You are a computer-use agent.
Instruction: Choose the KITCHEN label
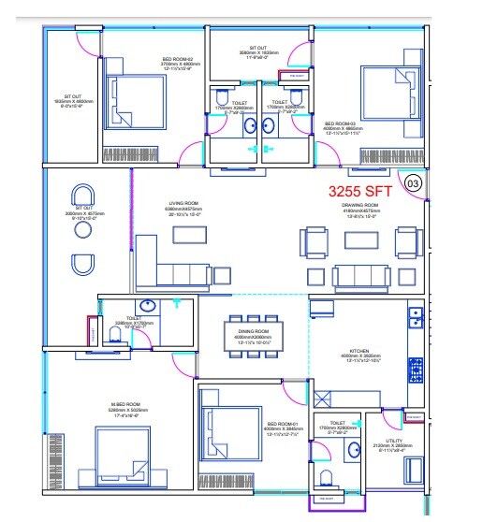359,354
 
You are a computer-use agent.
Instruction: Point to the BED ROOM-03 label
341,123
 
